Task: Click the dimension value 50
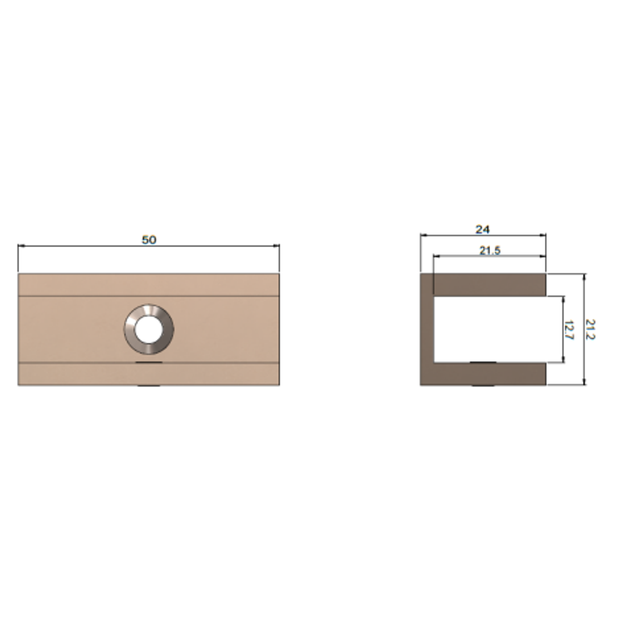pos(149,240)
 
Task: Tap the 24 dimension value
pos(483,230)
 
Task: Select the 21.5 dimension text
pos(490,251)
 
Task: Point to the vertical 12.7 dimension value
pos(568,329)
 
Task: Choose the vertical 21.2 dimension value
pos(591,329)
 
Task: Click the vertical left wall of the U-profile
pos(427,329)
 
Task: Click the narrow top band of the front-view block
pos(149,285)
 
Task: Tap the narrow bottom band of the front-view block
pos(149,373)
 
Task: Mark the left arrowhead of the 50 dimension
pos(21,246)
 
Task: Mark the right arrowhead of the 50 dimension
pos(277,246)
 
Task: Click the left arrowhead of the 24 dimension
pos(423,235)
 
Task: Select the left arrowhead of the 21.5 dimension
pos(436,256)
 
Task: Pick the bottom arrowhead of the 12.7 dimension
pos(563,359)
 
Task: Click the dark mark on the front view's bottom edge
pos(149,384)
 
